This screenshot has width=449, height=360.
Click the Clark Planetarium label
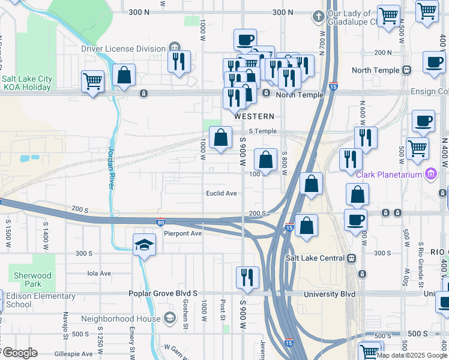390,175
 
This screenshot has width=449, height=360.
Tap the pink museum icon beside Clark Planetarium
430,175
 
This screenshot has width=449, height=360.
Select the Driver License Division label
124,49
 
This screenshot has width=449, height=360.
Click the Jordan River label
111,168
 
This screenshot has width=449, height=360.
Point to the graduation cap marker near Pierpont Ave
143,245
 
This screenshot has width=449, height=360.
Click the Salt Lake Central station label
316,258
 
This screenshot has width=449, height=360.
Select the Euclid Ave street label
221,193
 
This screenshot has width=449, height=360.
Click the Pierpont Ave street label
183,233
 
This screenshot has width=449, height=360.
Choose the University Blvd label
330,295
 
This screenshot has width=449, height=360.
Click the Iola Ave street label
100,273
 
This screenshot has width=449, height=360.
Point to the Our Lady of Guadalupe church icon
319,17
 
